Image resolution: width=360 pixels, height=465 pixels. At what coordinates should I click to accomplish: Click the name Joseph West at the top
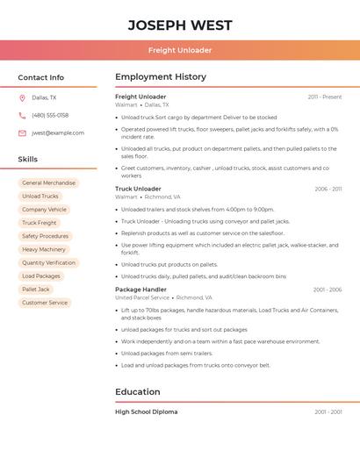click(180, 25)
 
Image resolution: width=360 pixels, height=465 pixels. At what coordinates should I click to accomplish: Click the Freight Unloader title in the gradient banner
click(180, 50)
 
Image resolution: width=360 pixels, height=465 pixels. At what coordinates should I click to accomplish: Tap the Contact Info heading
click(41, 77)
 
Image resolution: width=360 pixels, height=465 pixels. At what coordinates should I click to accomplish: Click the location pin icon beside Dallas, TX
click(22, 97)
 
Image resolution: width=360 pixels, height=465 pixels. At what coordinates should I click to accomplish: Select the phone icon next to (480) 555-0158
click(22, 115)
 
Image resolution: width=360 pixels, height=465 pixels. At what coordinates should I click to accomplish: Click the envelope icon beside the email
click(22, 133)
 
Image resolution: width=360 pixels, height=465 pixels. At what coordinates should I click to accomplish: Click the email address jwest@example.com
click(58, 133)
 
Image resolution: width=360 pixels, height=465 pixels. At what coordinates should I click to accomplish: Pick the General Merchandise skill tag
click(48, 183)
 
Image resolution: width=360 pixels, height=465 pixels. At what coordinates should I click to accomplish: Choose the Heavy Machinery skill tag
click(44, 249)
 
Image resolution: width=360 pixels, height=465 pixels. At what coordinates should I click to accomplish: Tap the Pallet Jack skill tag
click(36, 289)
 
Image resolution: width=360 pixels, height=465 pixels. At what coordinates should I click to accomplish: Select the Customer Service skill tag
click(45, 303)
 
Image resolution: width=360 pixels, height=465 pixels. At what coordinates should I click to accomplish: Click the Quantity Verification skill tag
click(48, 262)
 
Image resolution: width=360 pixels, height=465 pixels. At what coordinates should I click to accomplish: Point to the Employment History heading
click(161, 77)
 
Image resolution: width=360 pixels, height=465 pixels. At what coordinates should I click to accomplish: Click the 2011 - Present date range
click(325, 97)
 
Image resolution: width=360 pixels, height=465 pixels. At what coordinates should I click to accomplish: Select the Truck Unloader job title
click(138, 189)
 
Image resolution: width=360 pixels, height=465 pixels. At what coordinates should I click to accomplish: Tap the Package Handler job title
click(140, 290)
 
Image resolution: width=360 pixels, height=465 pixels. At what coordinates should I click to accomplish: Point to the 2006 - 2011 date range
click(328, 189)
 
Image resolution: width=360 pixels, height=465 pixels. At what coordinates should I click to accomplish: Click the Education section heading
click(138, 391)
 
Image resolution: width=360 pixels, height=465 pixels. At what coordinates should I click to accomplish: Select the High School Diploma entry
click(146, 411)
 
